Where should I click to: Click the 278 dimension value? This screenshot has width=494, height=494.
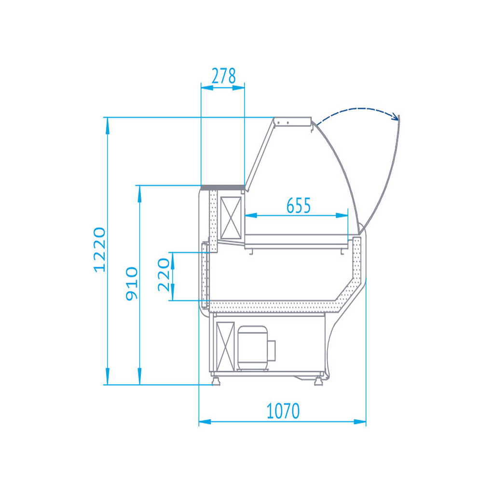point(223,76)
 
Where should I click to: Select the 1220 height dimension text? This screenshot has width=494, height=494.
point(100,249)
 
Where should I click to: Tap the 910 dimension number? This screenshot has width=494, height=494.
point(132,284)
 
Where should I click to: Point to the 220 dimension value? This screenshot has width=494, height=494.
point(164,274)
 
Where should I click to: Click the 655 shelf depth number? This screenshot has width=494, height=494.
point(298,206)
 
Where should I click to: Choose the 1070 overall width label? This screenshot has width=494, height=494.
point(283,411)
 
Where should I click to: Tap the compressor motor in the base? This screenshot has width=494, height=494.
point(253,348)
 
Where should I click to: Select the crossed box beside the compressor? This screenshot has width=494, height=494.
point(225,346)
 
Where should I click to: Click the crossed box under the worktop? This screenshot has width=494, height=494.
point(231,218)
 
